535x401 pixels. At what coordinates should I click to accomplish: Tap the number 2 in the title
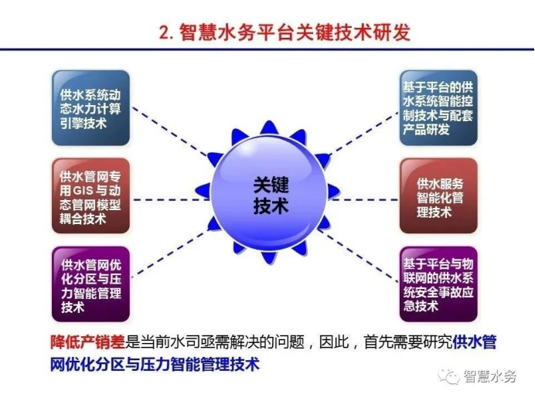tap(165, 32)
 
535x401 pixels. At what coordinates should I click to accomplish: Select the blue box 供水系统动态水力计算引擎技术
tap(90, 108)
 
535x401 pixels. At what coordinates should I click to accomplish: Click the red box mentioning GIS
tap(90, 195)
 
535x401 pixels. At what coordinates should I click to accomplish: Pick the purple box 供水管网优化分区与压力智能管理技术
tap(90, 284)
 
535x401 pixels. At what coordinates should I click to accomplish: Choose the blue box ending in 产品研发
tap(438, 108)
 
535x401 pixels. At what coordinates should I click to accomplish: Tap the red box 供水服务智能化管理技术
tap(438, 195)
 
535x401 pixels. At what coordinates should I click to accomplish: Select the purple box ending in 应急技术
tap(438, 284)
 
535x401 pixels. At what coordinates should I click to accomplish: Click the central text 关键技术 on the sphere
tap(271, 195)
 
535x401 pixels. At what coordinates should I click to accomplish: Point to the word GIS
tap(83, 191)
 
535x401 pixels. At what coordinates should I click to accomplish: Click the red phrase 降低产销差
tap(87, 342)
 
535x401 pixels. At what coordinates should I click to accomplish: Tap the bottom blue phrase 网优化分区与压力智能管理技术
tap(155, 364)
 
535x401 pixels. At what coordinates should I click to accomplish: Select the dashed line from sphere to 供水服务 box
tap(364, 199)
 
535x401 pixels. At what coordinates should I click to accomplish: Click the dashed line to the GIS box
tap(171, 199)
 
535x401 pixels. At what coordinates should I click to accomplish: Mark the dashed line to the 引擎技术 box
tap(169, 131)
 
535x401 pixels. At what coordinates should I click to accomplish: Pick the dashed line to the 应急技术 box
tap(358, 257)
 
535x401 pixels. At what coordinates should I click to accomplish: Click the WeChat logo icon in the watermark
tap(449, 376)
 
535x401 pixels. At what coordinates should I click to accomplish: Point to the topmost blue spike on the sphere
tap(269, 127)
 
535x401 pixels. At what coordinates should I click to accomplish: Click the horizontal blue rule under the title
tap(267, 49)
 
